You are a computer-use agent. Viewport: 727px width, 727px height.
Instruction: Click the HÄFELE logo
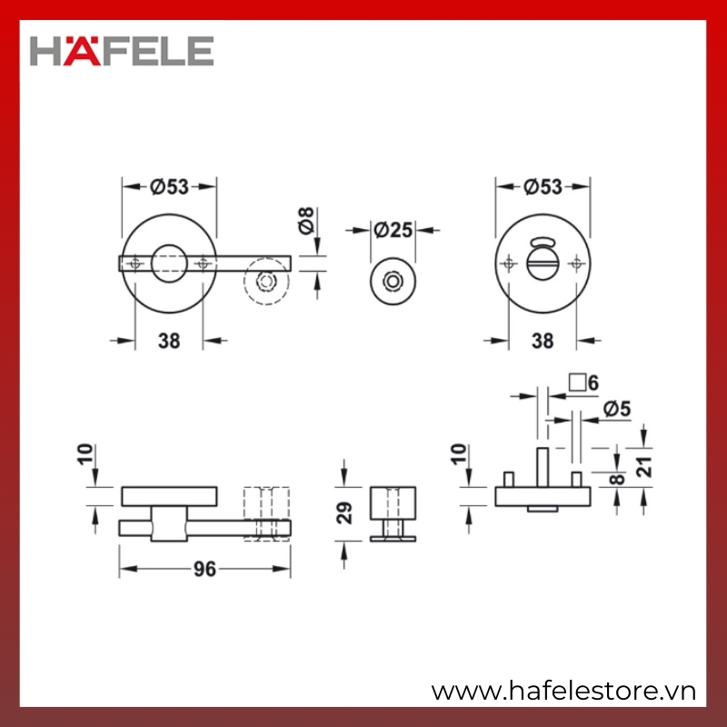(x=122, y=51)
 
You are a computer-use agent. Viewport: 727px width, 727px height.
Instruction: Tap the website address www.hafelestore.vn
(x=563, y=692)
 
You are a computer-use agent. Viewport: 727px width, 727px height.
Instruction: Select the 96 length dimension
(x=204, y=569)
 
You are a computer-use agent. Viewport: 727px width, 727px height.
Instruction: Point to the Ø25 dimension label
(x=393, y=230)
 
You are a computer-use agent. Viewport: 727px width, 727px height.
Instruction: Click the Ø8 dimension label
(x=306, y=221)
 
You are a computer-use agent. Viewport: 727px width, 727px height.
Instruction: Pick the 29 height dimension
(x=344, y=513)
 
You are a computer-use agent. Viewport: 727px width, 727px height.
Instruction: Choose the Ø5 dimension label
(x=617, y=409)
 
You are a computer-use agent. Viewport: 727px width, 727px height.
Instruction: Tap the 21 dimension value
(x=644, y=467)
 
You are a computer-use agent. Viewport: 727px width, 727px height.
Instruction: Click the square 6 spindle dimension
(x=583, y=383)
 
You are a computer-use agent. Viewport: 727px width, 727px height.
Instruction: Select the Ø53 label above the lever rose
(x=170, y=187)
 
